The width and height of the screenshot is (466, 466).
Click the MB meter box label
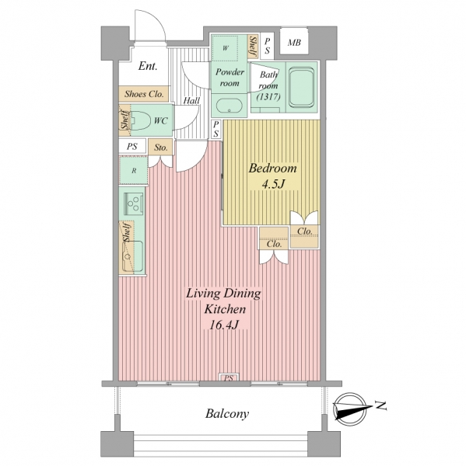294,43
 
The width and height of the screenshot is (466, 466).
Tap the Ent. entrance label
148,66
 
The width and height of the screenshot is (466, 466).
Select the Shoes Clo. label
144,94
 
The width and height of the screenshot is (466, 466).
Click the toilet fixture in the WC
141,120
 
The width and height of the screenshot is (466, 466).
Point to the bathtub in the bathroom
302,87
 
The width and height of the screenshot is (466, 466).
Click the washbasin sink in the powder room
229,106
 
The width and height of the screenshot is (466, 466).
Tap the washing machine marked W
226,48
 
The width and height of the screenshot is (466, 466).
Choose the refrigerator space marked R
134,171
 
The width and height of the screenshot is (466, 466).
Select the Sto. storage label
161,148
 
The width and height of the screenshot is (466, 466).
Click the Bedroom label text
273,169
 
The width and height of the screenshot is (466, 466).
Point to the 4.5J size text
273,184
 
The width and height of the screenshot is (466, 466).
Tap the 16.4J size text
224,325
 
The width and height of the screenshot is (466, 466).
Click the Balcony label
227,413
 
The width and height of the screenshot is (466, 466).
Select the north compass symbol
351,409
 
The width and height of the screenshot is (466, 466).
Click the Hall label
191,100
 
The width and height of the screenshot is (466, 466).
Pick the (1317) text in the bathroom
268,96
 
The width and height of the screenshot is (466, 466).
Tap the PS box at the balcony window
229,377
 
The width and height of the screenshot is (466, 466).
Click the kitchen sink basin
133,256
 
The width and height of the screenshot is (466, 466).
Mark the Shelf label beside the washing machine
253,46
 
